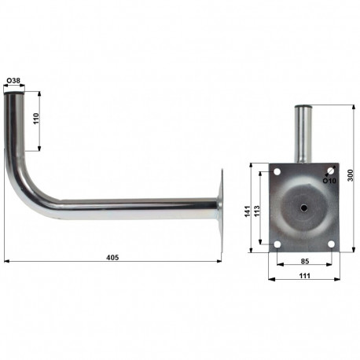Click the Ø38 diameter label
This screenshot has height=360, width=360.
[14, 81]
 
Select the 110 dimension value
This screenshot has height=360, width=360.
[36, 120]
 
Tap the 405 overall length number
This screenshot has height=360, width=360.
[112, 256]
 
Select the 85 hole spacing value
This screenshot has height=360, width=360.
[304, 261]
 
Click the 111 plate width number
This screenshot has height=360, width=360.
[304, 274]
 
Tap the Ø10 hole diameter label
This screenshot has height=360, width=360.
[331, 180]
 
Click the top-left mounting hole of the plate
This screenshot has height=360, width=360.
[277, 171]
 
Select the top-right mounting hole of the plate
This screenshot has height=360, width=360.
[332, 171]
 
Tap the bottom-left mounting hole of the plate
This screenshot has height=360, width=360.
[277, 244]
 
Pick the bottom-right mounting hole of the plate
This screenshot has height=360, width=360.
[332, 244]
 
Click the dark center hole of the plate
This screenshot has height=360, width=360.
[304, 208]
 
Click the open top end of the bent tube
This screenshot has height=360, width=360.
[15, 94]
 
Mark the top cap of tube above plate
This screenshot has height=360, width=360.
[303, 108]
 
